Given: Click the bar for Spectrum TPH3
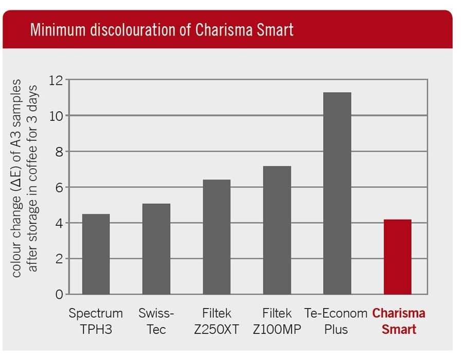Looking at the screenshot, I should (96, 254).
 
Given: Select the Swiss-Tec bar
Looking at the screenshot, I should (156, 249).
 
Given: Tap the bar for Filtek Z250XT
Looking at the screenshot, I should (216, 237).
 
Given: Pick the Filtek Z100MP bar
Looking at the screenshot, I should (277, 230).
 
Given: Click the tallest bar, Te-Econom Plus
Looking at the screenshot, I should (337, 193).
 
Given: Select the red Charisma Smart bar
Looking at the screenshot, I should (398, 257).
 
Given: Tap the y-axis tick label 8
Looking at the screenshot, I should (59, 152).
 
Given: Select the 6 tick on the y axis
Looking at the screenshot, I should (59, 188).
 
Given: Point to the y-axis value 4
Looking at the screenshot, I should (59, 223).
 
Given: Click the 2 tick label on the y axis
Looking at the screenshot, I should (59, 259).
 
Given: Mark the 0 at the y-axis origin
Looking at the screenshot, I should (59, 295).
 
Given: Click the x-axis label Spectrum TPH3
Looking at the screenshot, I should (96, 321).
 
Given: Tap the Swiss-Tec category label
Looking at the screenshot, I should (156, 321).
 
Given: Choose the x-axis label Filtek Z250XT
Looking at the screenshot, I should (217, 321).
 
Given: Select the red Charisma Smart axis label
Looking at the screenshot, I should (399, 321).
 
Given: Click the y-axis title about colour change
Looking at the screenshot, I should (24, 177).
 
